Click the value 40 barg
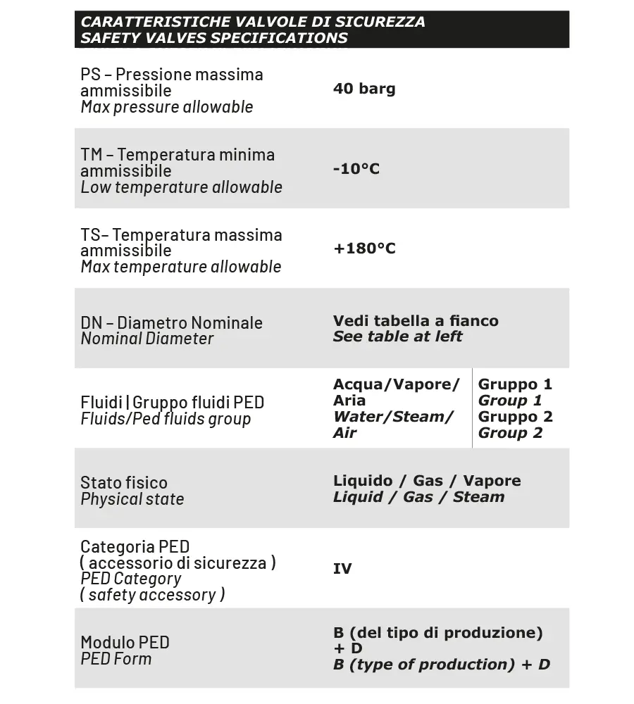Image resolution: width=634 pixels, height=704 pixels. pyautogui.click(x=364, y=89)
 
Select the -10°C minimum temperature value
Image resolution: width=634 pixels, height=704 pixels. pyautogui.click(x=356, y=169)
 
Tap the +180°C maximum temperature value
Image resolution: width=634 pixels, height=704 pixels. pyautogui.click(x=364, y=249)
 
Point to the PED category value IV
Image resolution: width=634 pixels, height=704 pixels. pyautogui.click(x=342, y=569)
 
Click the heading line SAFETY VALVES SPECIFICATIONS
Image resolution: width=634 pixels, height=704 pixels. pyautogui.click(x=214, y=38)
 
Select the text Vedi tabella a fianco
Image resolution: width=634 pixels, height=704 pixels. pyautogui.click(x=416, y=321)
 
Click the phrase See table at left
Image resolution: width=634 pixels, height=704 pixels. pyautogui.click(x=397, y=337)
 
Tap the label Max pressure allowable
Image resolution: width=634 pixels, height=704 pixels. pyautogui.click(x=166, y=107)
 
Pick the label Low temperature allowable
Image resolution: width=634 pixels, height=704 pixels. pyautogui.click(x=181, y=187)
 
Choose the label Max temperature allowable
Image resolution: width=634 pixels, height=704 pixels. pyautogui.click(x=180, y=267)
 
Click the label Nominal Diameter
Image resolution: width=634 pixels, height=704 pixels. pyautogui.click(x=147, y=339)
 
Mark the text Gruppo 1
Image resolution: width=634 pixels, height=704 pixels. pyautogui.click(x=515, y=384)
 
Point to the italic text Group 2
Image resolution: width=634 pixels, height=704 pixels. pyautogui.click(x=510, y=433)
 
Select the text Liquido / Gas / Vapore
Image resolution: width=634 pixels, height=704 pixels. pyautogui.click(x=427, y=481)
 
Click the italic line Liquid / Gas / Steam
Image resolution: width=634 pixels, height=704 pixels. pyautogui.click(x=418, y=497)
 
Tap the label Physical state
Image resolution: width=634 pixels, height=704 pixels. pyautogui.click(x=132, y=499)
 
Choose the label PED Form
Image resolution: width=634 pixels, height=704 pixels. pyautogui.click(x=116, y=659)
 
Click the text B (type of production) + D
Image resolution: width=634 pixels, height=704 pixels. pyautogui.click(x=441, y=665)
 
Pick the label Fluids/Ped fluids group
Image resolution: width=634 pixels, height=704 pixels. pyautogui.click(x=166, y=419)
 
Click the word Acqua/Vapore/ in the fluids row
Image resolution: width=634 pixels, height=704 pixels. pyautogui.click(x=396, y=384)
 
